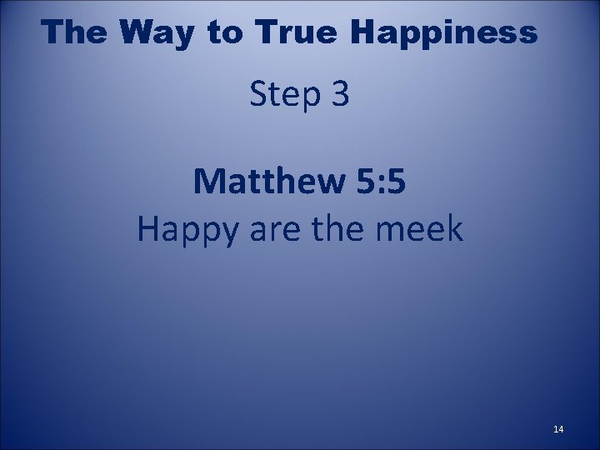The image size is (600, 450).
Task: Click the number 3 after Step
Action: coord(340,97)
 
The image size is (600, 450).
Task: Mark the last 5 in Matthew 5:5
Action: coord(396,182)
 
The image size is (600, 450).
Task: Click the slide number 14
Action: coord(557,429)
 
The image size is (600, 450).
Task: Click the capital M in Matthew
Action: coord(208,182)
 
